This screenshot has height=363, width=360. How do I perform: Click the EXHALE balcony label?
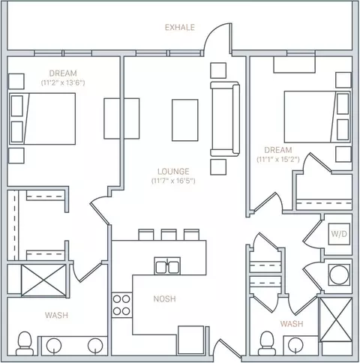click(x=180, y=27)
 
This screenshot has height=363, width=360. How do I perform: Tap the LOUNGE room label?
click(x=173, y=172)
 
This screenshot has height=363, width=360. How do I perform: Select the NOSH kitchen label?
click(x=164, y=298)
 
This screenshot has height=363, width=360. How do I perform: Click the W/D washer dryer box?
click(x=339, y=234)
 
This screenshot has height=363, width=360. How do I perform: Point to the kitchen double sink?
click(x=167, y=266)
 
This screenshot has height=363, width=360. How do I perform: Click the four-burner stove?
click(x=121, y=305)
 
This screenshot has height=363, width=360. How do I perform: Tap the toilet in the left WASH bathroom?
click(x=25, y=343)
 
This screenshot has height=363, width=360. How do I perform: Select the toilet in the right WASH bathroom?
click(x=267, y=343)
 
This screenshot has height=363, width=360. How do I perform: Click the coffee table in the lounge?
click(x=185, y=120)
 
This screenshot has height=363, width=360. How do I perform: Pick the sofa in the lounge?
click(x=225, y=118)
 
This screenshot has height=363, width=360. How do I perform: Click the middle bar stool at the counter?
click(x=169, y=235)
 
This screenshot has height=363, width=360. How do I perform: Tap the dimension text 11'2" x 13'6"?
click(x=63, y=82)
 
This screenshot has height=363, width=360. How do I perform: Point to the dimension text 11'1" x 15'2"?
click(x=278, y=159)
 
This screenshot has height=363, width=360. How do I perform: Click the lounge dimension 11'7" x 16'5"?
click(x=173, y=181)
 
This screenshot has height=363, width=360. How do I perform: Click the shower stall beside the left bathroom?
click(x=43, y=280)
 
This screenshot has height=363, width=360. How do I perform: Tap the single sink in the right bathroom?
click(x=295, y=345)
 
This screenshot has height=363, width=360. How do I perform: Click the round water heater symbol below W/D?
click(x=339, y=274)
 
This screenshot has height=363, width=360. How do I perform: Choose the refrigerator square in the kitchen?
click(x=191, y=340)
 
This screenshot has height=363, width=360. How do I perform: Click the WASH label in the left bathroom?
click(x=56, y=315)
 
